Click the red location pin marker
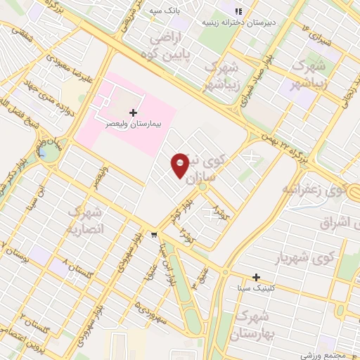(x=180, y=166)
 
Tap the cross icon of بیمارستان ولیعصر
(x=134, y=112)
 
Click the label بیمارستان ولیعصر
(x=134, y=122)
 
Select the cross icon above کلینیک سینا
(x=257, y=278)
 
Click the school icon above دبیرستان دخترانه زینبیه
(x=238, y=11)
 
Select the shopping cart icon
(x=154, y=235)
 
